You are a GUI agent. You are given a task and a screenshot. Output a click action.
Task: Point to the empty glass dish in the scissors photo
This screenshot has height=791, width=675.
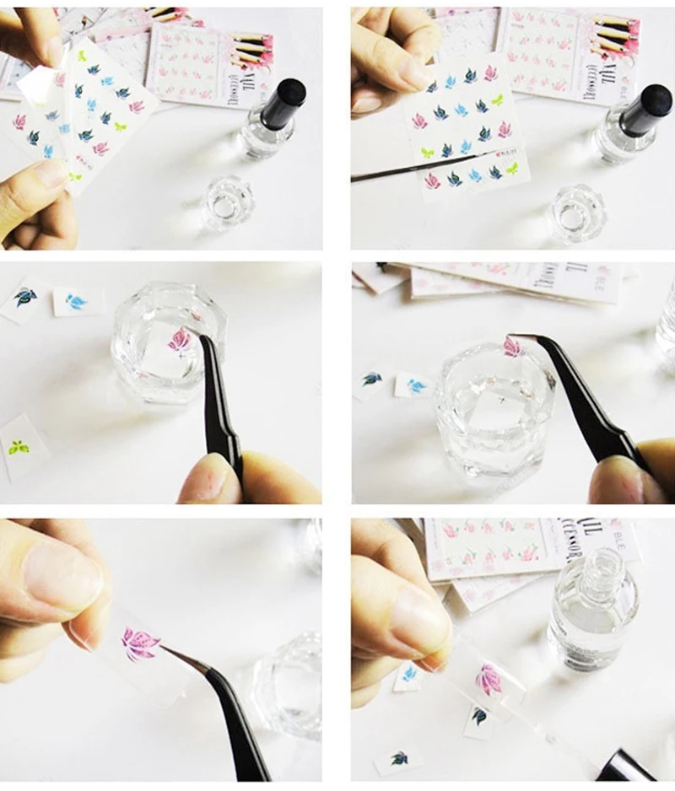coord(576,213)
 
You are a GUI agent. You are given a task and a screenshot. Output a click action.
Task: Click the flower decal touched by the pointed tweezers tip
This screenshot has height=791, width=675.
coord(138,643)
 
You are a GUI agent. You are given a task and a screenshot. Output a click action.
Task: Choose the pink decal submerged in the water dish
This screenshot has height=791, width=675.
coord(179,341)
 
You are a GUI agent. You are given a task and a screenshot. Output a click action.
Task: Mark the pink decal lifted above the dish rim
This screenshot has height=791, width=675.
coord(514,346)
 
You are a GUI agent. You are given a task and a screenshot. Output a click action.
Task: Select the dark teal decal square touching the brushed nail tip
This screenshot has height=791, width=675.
coord(479,716)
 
